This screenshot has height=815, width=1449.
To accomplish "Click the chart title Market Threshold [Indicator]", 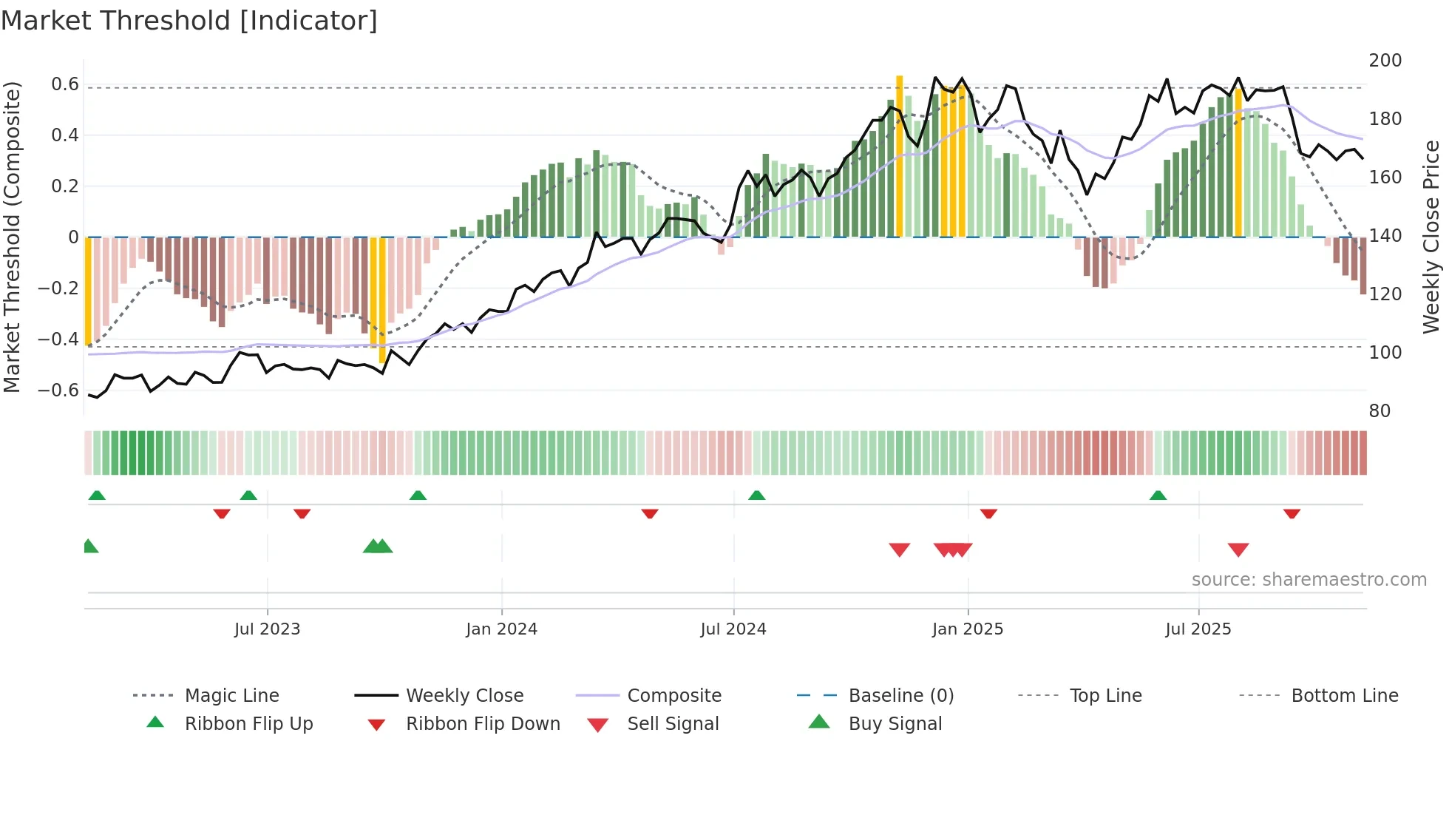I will pyautogui.click(x=189, y=21).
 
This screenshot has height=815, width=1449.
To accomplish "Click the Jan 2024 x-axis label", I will pyautogui.click(x=501, y=629).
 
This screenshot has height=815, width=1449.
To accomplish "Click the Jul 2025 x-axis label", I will pyautogui.click(x=1198, y=629).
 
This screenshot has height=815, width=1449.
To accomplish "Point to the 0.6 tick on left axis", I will pyautogui.click(x=65, y=84).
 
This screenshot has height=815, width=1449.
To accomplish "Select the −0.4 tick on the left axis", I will pyautogui.click(x=58, y=339).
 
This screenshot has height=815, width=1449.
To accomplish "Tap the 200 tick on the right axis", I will pyautogui.click(x=1385, y=61).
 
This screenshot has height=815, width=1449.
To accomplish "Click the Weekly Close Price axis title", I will pyautogui.click(x=1431, y=237).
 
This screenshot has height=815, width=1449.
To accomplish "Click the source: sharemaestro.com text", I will pyautogui.click(x=1309, y=580).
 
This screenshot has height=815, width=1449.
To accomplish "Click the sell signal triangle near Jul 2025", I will pyautogui.click(x=1238, y=549).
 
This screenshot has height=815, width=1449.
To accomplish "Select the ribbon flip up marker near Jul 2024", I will pyautogui.click(x=756, y=495).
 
